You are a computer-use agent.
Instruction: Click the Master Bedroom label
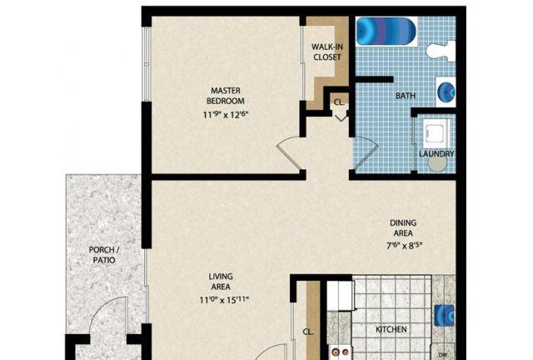(x=226, y=96)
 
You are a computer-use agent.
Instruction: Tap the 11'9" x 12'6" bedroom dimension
(x=226, y=115)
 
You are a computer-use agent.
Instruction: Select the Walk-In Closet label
(x=327, y=52)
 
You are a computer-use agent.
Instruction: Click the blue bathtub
(x=386, y=32)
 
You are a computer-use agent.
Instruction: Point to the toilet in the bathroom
(x=441, y=51)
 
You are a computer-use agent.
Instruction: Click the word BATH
(x=406, y=96)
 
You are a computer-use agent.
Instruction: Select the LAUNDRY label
(x=436, y=154)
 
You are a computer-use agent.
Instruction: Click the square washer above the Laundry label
(x=436, y=133)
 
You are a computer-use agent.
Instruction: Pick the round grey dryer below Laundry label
(x=437, y=163)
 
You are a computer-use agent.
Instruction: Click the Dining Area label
(x=403, y=228)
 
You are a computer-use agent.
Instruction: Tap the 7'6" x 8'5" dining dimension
(x=404, y=245)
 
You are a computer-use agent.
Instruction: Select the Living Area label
(x=221, y=282)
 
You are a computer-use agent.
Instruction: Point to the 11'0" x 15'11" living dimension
(x=224, y=300)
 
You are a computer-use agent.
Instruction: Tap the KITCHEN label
(x=391, y=329)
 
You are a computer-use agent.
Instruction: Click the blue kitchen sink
(x=445, y=316)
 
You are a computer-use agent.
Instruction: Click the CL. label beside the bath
(x=339, y=102)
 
